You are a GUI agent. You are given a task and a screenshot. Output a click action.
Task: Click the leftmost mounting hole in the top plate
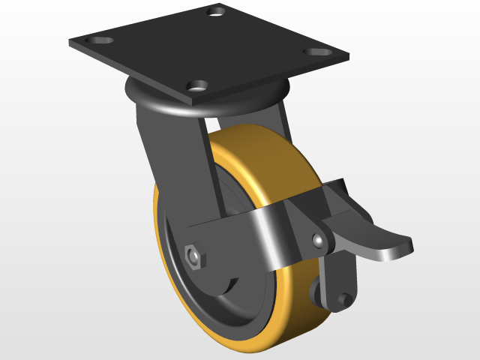[x=99, y=39]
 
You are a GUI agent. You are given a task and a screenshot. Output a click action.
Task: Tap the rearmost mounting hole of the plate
[x=217, y=11]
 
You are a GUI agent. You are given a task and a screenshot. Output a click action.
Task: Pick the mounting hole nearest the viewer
[x=198, y=85]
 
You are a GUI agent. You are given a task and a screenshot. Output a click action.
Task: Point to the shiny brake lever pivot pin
[x=319, y=241]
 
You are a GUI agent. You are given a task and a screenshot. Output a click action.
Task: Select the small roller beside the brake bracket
[x=315, y=292]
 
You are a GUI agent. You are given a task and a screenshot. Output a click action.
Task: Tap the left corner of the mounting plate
[x=70, y=41]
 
